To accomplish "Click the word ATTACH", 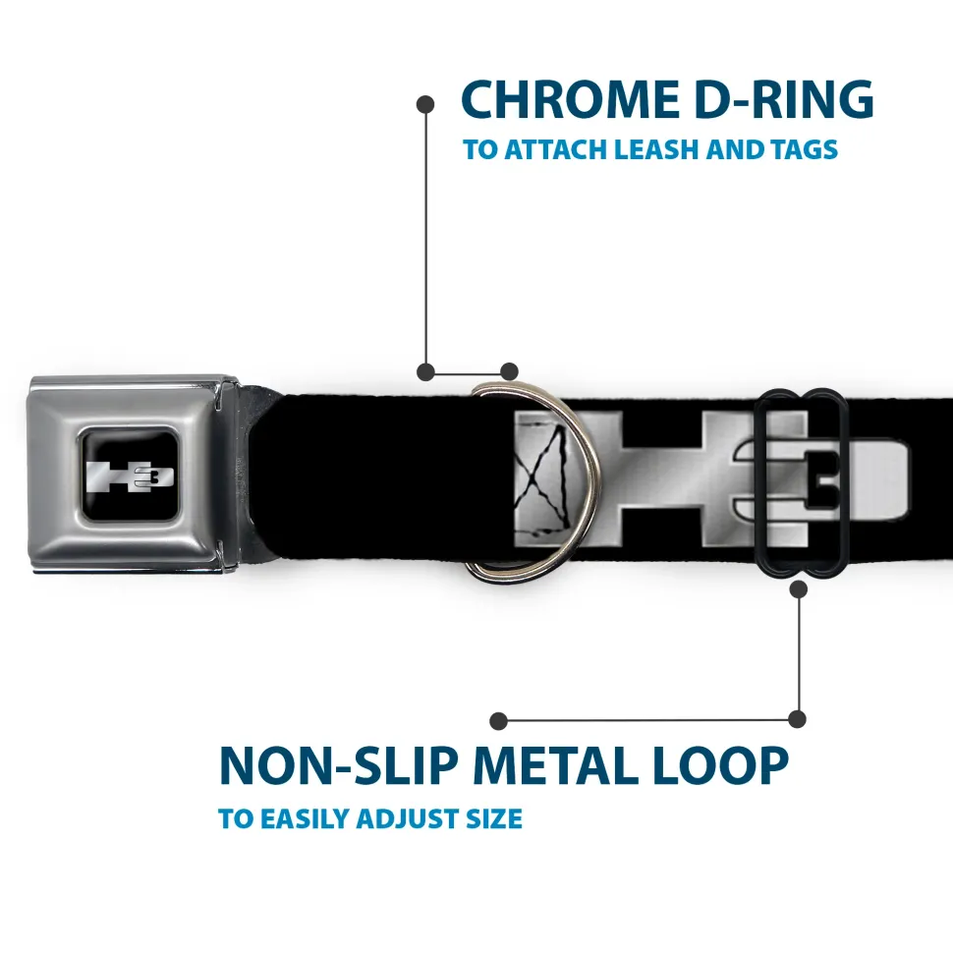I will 557,151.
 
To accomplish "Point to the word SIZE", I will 495,818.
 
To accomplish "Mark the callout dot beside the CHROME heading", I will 425,103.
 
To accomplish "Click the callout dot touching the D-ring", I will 509,371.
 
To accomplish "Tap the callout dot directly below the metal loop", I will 798,589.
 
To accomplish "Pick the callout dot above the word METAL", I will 499,721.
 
